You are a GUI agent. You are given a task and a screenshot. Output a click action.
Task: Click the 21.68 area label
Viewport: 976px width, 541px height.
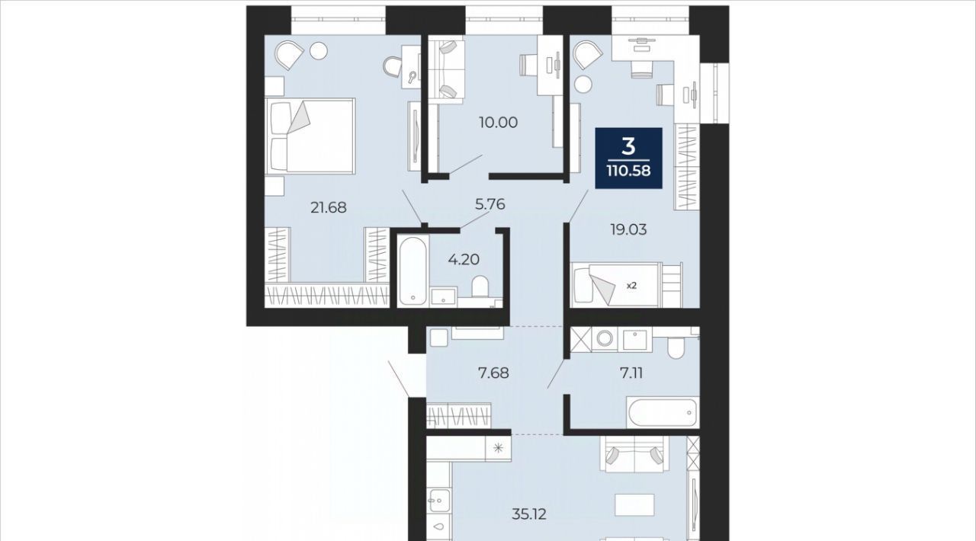328,208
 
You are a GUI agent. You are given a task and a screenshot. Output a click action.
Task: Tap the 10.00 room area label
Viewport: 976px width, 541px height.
498,123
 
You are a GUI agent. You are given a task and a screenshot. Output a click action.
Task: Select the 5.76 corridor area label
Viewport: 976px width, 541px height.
490,204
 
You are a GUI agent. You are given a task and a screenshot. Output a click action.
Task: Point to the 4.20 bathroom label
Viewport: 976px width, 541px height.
464,260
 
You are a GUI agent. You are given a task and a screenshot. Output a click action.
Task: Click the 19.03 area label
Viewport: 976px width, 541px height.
628,229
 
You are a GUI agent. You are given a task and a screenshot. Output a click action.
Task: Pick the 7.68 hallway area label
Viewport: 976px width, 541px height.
493,373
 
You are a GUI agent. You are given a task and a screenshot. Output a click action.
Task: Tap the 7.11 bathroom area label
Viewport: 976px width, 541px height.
631,373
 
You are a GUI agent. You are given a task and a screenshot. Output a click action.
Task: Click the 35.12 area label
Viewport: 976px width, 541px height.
529,514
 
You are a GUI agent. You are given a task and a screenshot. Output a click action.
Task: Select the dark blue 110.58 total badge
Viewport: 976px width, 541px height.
629,158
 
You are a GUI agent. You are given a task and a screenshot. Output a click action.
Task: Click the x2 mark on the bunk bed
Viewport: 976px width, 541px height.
631,287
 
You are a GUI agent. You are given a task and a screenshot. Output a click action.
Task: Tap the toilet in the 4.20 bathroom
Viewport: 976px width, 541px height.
480,287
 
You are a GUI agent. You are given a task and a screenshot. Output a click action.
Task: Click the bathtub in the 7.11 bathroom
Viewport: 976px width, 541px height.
662,411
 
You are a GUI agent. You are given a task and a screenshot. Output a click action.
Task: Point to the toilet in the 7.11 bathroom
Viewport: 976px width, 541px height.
676,347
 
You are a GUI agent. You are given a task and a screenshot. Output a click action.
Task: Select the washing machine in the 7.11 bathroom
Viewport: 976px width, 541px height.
605,339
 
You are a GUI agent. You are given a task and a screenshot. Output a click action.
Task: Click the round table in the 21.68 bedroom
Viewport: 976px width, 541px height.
319,51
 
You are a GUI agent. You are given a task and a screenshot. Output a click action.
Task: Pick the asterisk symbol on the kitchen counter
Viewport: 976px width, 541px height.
499,447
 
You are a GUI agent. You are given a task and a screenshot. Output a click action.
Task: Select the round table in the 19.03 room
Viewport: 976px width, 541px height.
583,84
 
